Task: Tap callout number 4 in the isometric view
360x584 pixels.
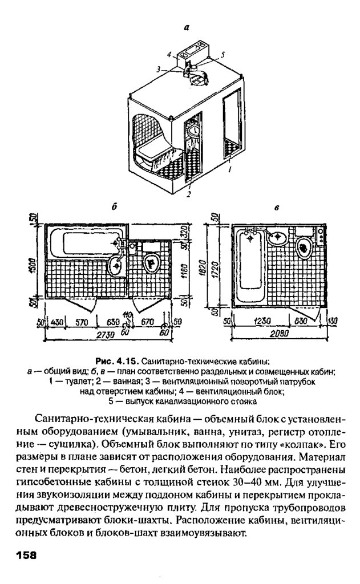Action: pyautogui.click(x=169, y=55)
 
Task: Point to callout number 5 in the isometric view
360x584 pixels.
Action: pyautogui.click(x=223, y=54)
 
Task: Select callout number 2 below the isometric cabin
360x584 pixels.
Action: pyautogui.click(x=188, y=194)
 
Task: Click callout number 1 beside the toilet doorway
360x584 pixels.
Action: pyautogui.click(x=229, y=170)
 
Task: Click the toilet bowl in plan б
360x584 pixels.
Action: pyautogui.click(x=152, y=263)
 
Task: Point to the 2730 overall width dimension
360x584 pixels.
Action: pyautogui.click(x=107, y=333)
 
